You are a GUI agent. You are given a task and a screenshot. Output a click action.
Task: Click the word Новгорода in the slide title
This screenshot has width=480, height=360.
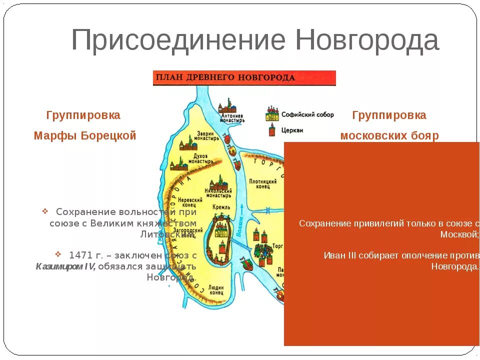point(367,40)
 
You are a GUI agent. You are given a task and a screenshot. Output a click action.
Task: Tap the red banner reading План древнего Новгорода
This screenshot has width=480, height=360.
point(244,78)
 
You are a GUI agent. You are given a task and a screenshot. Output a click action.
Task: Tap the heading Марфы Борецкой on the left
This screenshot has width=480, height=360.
point(84,136)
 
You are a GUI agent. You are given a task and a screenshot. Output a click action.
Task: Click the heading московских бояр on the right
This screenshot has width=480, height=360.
point(389,136)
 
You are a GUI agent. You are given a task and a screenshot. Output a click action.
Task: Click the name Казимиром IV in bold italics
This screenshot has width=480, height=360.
point(65,266)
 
